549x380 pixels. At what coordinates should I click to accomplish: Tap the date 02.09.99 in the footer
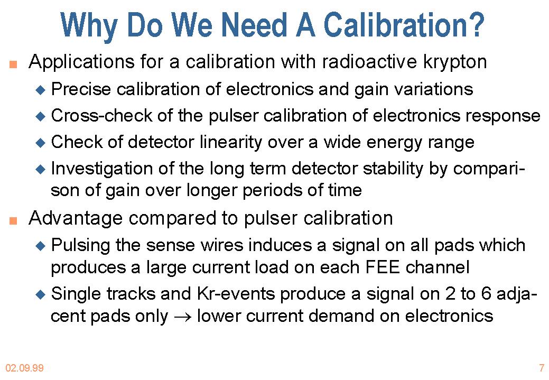(x=24, y=368)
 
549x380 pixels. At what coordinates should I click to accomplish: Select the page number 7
(x=542, y=368)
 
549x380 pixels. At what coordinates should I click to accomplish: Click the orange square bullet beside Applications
(x=13, y=64)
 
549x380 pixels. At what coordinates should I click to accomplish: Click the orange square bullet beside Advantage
(x=13, y=220)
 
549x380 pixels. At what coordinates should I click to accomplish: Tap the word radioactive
(x=369, y=62)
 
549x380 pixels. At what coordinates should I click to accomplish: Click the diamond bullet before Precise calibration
(x=41, y=90)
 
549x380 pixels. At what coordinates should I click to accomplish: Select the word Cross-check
(x=101, y=115)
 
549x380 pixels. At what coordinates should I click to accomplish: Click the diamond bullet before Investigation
(x=41, y=170)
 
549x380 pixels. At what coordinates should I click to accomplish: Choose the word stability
(x=393, y=169)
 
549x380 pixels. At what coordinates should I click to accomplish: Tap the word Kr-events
(x=236, y=293)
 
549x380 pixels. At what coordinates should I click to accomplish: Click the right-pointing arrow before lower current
(x=182, y=317)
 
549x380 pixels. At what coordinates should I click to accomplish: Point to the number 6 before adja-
(x=486, y=293)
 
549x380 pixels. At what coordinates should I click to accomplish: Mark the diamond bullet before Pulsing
(x=41, y=246)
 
